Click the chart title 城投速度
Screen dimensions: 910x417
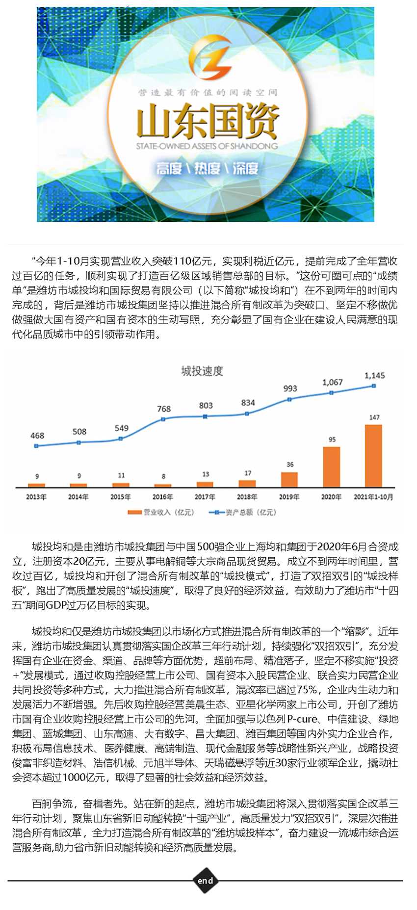coord(202,371)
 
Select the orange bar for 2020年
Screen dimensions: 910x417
coord(332,467)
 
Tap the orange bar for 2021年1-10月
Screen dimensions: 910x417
coord(374,456)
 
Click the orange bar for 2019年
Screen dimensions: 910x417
coord(289,479)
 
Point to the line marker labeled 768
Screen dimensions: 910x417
coord(163,419)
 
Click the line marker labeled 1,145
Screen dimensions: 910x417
coord(374,386)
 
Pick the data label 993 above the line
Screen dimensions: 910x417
coord(290,389)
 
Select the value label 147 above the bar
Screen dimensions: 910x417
coord(374,417)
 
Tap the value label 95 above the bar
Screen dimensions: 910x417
coord(332,440)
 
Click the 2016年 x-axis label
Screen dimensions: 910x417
coord(163,497)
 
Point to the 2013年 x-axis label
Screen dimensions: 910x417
coord(36,497)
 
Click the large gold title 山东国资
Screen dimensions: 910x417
coord(208,121)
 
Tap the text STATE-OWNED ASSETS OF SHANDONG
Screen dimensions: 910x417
coord(207,146)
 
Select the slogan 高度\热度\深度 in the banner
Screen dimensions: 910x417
coord(207,169)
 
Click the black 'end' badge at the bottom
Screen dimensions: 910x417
coord(205,881)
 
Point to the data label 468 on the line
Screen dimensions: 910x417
coord(37,436)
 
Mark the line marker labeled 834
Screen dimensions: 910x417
coord(248,414)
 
